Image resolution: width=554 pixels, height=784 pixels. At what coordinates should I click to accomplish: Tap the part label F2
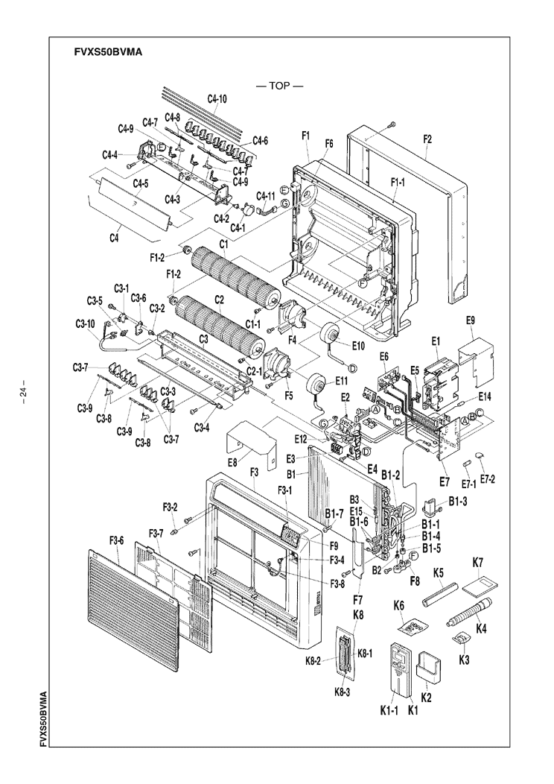pyautogui.click(x=427, y=139)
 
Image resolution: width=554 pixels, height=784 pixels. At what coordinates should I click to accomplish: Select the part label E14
pyautogui.click(x=485, y=395)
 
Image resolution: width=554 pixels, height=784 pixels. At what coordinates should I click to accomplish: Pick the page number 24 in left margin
pyautogui.click(x=24, y=392)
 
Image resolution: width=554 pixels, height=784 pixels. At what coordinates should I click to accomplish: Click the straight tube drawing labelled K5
pyautogui.click(x=441, y=598)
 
